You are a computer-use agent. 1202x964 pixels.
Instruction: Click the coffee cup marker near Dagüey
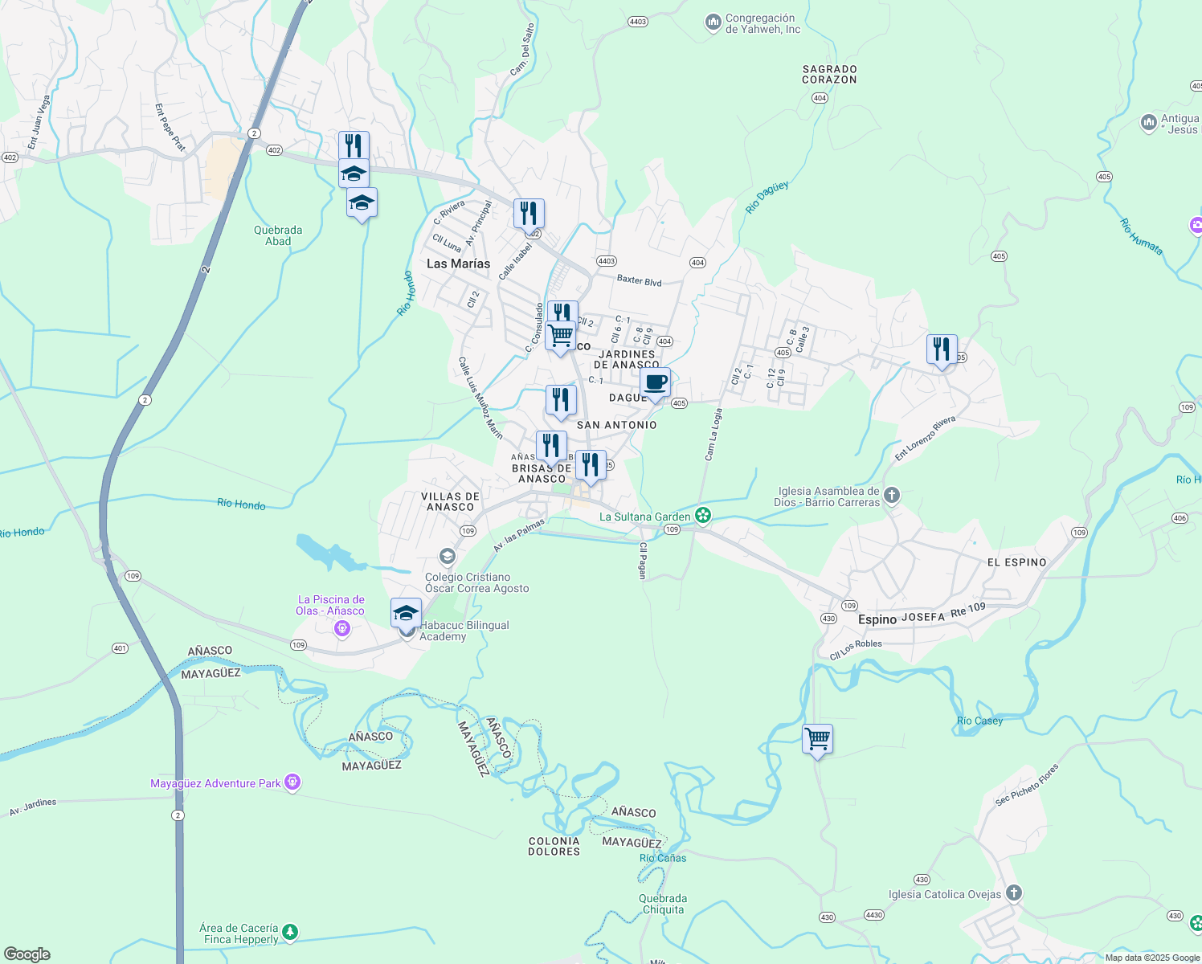coord(655,383)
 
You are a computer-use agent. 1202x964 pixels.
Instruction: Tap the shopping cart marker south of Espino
coord(817,739)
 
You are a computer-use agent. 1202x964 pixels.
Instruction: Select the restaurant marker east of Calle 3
coord(942,349)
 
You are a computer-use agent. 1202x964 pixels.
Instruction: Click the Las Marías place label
coord(458,263)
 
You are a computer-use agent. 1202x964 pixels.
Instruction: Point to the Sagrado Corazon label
coord(829,75)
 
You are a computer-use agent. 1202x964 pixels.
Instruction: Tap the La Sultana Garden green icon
coord(703,516)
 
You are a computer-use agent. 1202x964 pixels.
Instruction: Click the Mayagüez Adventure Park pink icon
coord(292,782)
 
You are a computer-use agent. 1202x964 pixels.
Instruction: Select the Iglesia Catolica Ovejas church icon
coord(1014,893)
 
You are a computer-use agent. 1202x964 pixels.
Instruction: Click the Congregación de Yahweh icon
coord(713,22)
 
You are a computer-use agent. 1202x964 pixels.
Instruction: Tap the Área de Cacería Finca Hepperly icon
coord(290,933)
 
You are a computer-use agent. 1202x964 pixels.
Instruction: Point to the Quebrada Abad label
coord(278,235)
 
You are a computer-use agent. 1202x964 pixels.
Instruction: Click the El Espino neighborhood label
coord(1016,562)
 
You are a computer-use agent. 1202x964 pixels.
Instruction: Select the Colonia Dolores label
coord(554,847)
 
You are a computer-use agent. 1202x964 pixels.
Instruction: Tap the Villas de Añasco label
coord(450,502)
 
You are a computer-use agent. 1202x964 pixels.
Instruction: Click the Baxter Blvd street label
coord(639,280)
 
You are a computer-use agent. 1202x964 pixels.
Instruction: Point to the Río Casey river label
coord(979,721)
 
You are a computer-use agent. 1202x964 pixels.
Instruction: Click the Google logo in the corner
coord(27,954)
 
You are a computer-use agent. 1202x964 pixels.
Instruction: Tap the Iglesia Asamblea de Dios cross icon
coord(891,496)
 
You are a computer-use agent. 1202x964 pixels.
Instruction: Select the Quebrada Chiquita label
coord(663,904)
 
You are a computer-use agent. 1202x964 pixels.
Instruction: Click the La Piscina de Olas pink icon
coord(342,628)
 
